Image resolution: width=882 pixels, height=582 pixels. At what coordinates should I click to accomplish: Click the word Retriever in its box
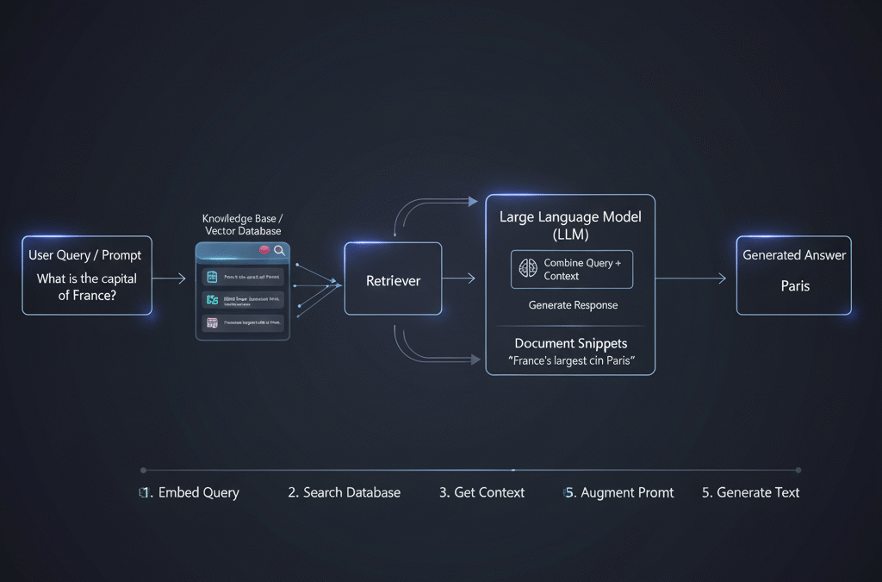393,280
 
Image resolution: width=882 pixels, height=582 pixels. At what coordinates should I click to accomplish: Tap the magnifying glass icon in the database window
279,250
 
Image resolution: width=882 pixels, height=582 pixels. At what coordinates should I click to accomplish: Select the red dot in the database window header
264,250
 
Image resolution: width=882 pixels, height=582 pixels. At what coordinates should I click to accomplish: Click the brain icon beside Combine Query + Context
528,269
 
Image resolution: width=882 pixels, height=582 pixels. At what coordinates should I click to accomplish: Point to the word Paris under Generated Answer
795,285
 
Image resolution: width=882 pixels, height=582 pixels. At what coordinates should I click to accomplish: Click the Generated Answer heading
794,255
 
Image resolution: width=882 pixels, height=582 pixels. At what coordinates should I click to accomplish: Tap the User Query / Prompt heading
84,255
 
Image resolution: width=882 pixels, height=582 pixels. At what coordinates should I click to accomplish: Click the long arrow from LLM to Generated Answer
691,278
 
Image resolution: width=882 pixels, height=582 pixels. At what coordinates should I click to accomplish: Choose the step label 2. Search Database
345,492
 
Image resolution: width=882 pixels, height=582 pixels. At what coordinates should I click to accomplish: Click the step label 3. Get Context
482,492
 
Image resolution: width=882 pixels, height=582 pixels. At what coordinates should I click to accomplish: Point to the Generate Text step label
752,492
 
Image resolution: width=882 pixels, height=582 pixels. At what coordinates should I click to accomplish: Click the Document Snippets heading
570,343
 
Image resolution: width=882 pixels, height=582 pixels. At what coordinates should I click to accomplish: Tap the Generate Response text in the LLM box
573,305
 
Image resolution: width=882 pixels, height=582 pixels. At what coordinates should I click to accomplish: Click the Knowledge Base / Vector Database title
242,225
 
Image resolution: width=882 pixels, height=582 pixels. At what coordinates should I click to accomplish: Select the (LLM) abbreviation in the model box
570,235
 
